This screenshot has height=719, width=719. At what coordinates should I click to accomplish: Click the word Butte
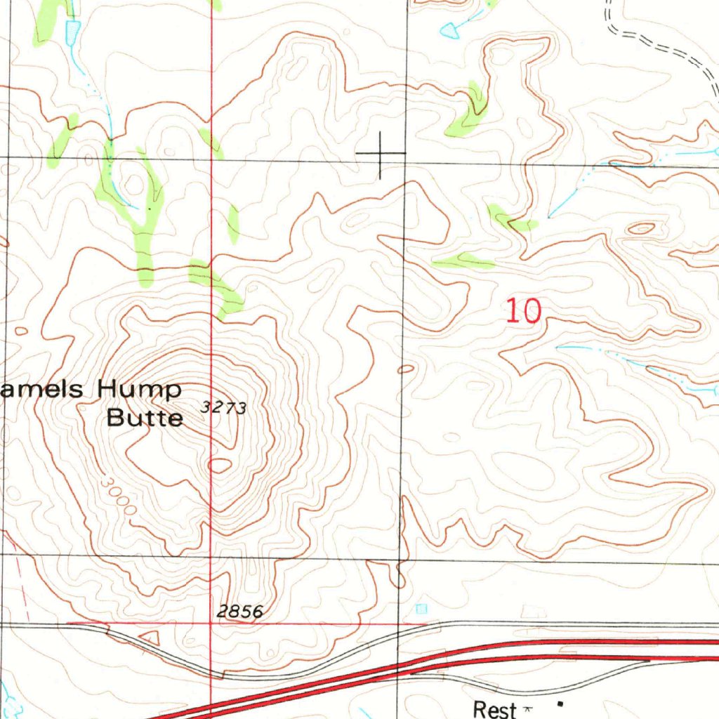pos(145,418)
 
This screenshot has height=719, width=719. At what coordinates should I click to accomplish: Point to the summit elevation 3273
pos(223,407)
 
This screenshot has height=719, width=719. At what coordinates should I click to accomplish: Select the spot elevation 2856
pos(239,612)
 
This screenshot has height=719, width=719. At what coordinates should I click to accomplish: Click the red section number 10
pos(524,310)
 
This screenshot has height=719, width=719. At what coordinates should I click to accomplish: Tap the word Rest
pos(494,709)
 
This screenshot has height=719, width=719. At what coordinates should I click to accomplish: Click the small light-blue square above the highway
pos(421,608)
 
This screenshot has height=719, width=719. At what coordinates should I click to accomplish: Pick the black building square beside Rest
pos(560,703)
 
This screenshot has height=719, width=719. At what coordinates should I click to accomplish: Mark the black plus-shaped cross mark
pos(381,153)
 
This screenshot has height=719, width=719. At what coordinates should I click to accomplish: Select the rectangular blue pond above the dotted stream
pos(72,29)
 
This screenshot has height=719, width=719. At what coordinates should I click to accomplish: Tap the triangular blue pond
pos(449,29)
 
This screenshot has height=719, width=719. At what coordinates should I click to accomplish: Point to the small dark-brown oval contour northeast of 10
pos(640,228)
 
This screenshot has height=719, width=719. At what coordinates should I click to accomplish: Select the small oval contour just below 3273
pos(220,465)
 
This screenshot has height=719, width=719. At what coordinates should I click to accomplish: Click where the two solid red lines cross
pos(211,623)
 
